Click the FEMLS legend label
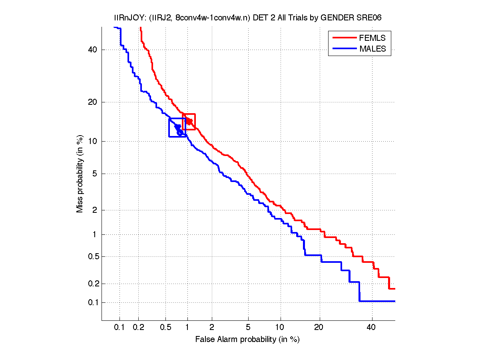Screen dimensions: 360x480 click(372, 38)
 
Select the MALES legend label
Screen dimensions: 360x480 click(372, 49)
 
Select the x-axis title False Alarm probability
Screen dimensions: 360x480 click(247, 340)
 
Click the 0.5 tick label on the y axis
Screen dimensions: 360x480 click(92, 256)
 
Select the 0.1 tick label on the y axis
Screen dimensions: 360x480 click(92, 302)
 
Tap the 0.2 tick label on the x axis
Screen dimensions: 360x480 click(138, 328)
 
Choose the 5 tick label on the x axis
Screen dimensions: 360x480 click(248, 328)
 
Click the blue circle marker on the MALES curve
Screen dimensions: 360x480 click(180, 132)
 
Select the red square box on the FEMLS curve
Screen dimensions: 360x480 click(189, 122)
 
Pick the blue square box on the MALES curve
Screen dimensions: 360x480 click(177, 128)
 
